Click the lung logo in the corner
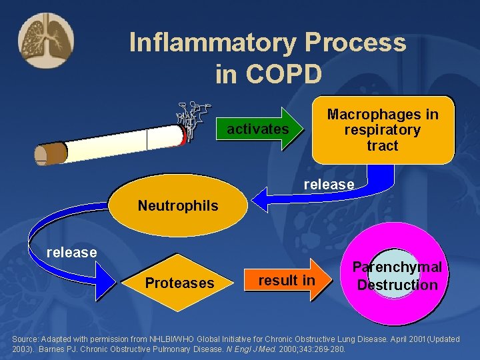click(46, 41)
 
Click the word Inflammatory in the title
click(212, 43)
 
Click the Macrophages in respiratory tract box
click(383, 130)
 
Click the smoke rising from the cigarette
click(193, 118)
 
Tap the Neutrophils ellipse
click(177, 205)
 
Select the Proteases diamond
click(180, 283)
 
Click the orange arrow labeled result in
click(286, 281)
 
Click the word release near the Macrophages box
click(329, 184)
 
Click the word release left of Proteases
click(71, 253)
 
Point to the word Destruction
click(397, 285)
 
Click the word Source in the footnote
click(27, 339)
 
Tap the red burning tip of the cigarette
click(182, 135)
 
